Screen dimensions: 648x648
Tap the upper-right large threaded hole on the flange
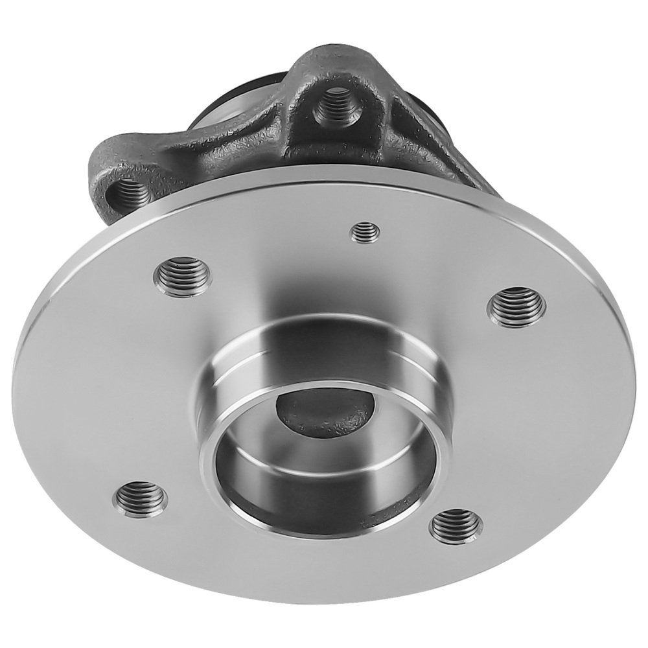coord(516,305)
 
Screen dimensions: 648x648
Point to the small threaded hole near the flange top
coord(365,231)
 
